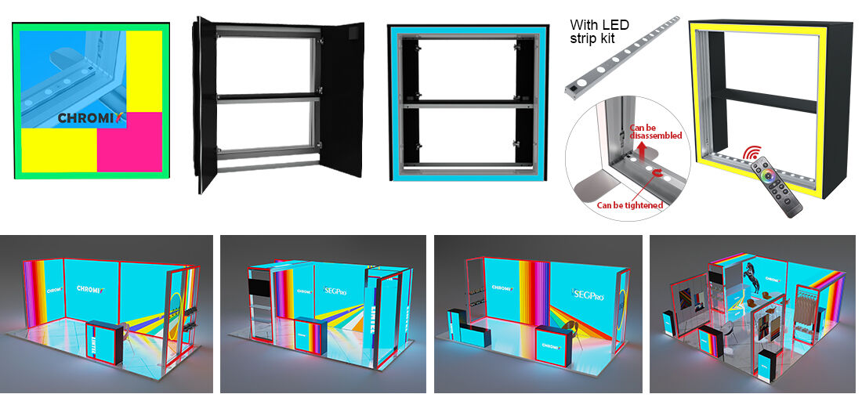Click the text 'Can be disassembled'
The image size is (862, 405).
pyautogui.click(x=656, y=131)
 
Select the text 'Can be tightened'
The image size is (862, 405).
pyautogui.click(x=630, y=205)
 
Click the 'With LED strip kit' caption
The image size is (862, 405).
pyautogui.click(x=599, y=31)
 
